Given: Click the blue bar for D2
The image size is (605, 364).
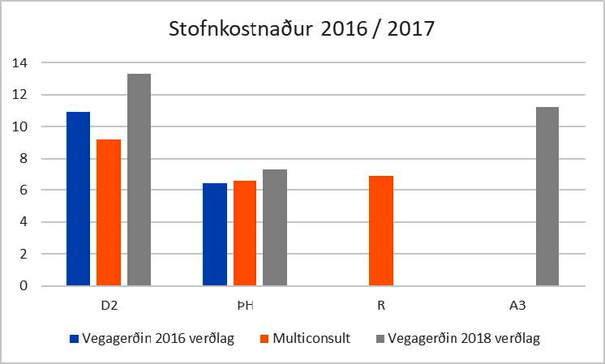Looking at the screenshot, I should point(78,199).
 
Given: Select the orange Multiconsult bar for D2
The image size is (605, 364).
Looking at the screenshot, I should point(109,212).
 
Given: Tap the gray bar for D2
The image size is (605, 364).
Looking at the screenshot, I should point(139,179).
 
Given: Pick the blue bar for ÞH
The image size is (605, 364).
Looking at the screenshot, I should point(215,234).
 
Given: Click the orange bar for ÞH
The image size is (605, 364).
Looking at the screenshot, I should point(245,233).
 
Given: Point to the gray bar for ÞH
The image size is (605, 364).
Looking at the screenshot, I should point(275,227).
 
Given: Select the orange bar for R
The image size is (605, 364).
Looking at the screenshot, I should point(381,230).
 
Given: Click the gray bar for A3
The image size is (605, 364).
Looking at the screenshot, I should point(547,196).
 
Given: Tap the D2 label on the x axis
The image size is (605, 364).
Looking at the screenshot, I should point(109,307).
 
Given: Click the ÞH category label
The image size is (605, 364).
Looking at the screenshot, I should point(245,307).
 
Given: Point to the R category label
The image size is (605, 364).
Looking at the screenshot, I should point(381,307).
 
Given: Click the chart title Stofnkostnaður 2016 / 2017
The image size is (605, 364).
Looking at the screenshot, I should point(302,30).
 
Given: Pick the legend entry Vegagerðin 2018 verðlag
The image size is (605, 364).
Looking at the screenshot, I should point(458,339).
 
